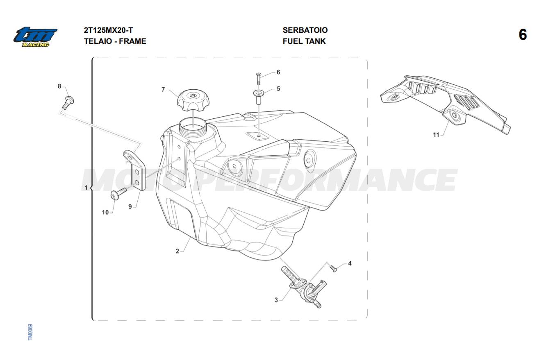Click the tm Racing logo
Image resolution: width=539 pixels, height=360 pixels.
coord(35,37)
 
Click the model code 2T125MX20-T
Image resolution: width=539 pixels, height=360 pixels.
coord(108,30)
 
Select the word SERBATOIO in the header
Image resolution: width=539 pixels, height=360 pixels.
coord(305,30)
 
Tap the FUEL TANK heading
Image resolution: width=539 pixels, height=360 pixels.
coord(304,41)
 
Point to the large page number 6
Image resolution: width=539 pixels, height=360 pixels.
coord(523,35)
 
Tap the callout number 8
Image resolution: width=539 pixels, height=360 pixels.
coord(59,86)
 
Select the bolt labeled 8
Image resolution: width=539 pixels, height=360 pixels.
coord(68,102)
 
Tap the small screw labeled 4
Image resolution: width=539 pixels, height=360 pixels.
coord(333,268)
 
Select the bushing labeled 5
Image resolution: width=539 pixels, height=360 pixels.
coord(258,97)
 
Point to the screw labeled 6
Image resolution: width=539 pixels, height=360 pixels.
coord(259,78)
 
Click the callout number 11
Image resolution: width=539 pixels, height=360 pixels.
coord(436,135)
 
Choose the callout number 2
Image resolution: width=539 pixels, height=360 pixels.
coord(177,251)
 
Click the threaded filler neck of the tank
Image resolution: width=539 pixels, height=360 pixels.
coord(193,128)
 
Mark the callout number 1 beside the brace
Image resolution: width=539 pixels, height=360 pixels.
coord(86,187)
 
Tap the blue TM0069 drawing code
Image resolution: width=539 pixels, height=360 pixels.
coord(30,332)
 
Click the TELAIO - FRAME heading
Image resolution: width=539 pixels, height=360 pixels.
coord(115,41)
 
